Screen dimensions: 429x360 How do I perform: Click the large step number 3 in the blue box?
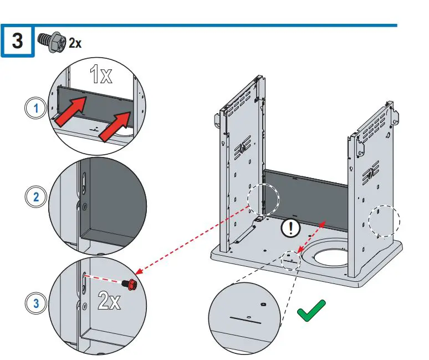[x=17, y=41]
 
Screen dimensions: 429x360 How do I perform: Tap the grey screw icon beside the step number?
[x=52, y=42]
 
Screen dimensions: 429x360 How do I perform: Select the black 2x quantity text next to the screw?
[x=75, y=43]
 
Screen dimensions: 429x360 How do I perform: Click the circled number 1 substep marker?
[x=36, y=108]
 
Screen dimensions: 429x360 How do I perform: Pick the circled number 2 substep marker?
[x=36, y=196]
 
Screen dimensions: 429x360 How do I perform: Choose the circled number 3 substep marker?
[x=36, y=303]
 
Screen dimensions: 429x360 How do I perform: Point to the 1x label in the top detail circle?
[x=101, y=74]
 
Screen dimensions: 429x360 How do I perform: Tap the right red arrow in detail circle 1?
[x=115, y=126]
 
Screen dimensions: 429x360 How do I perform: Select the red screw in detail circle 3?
[x=130, y=283]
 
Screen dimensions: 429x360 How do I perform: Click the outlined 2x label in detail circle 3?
[x=109, y=301]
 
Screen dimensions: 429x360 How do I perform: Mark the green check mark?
[x=311, y=311]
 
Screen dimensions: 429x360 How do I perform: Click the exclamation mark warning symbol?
[x=290, y=227]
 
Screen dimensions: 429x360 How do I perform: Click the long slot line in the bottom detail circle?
[x=246, y=320]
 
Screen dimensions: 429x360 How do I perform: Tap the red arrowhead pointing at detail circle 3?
[x=139, y=271]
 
